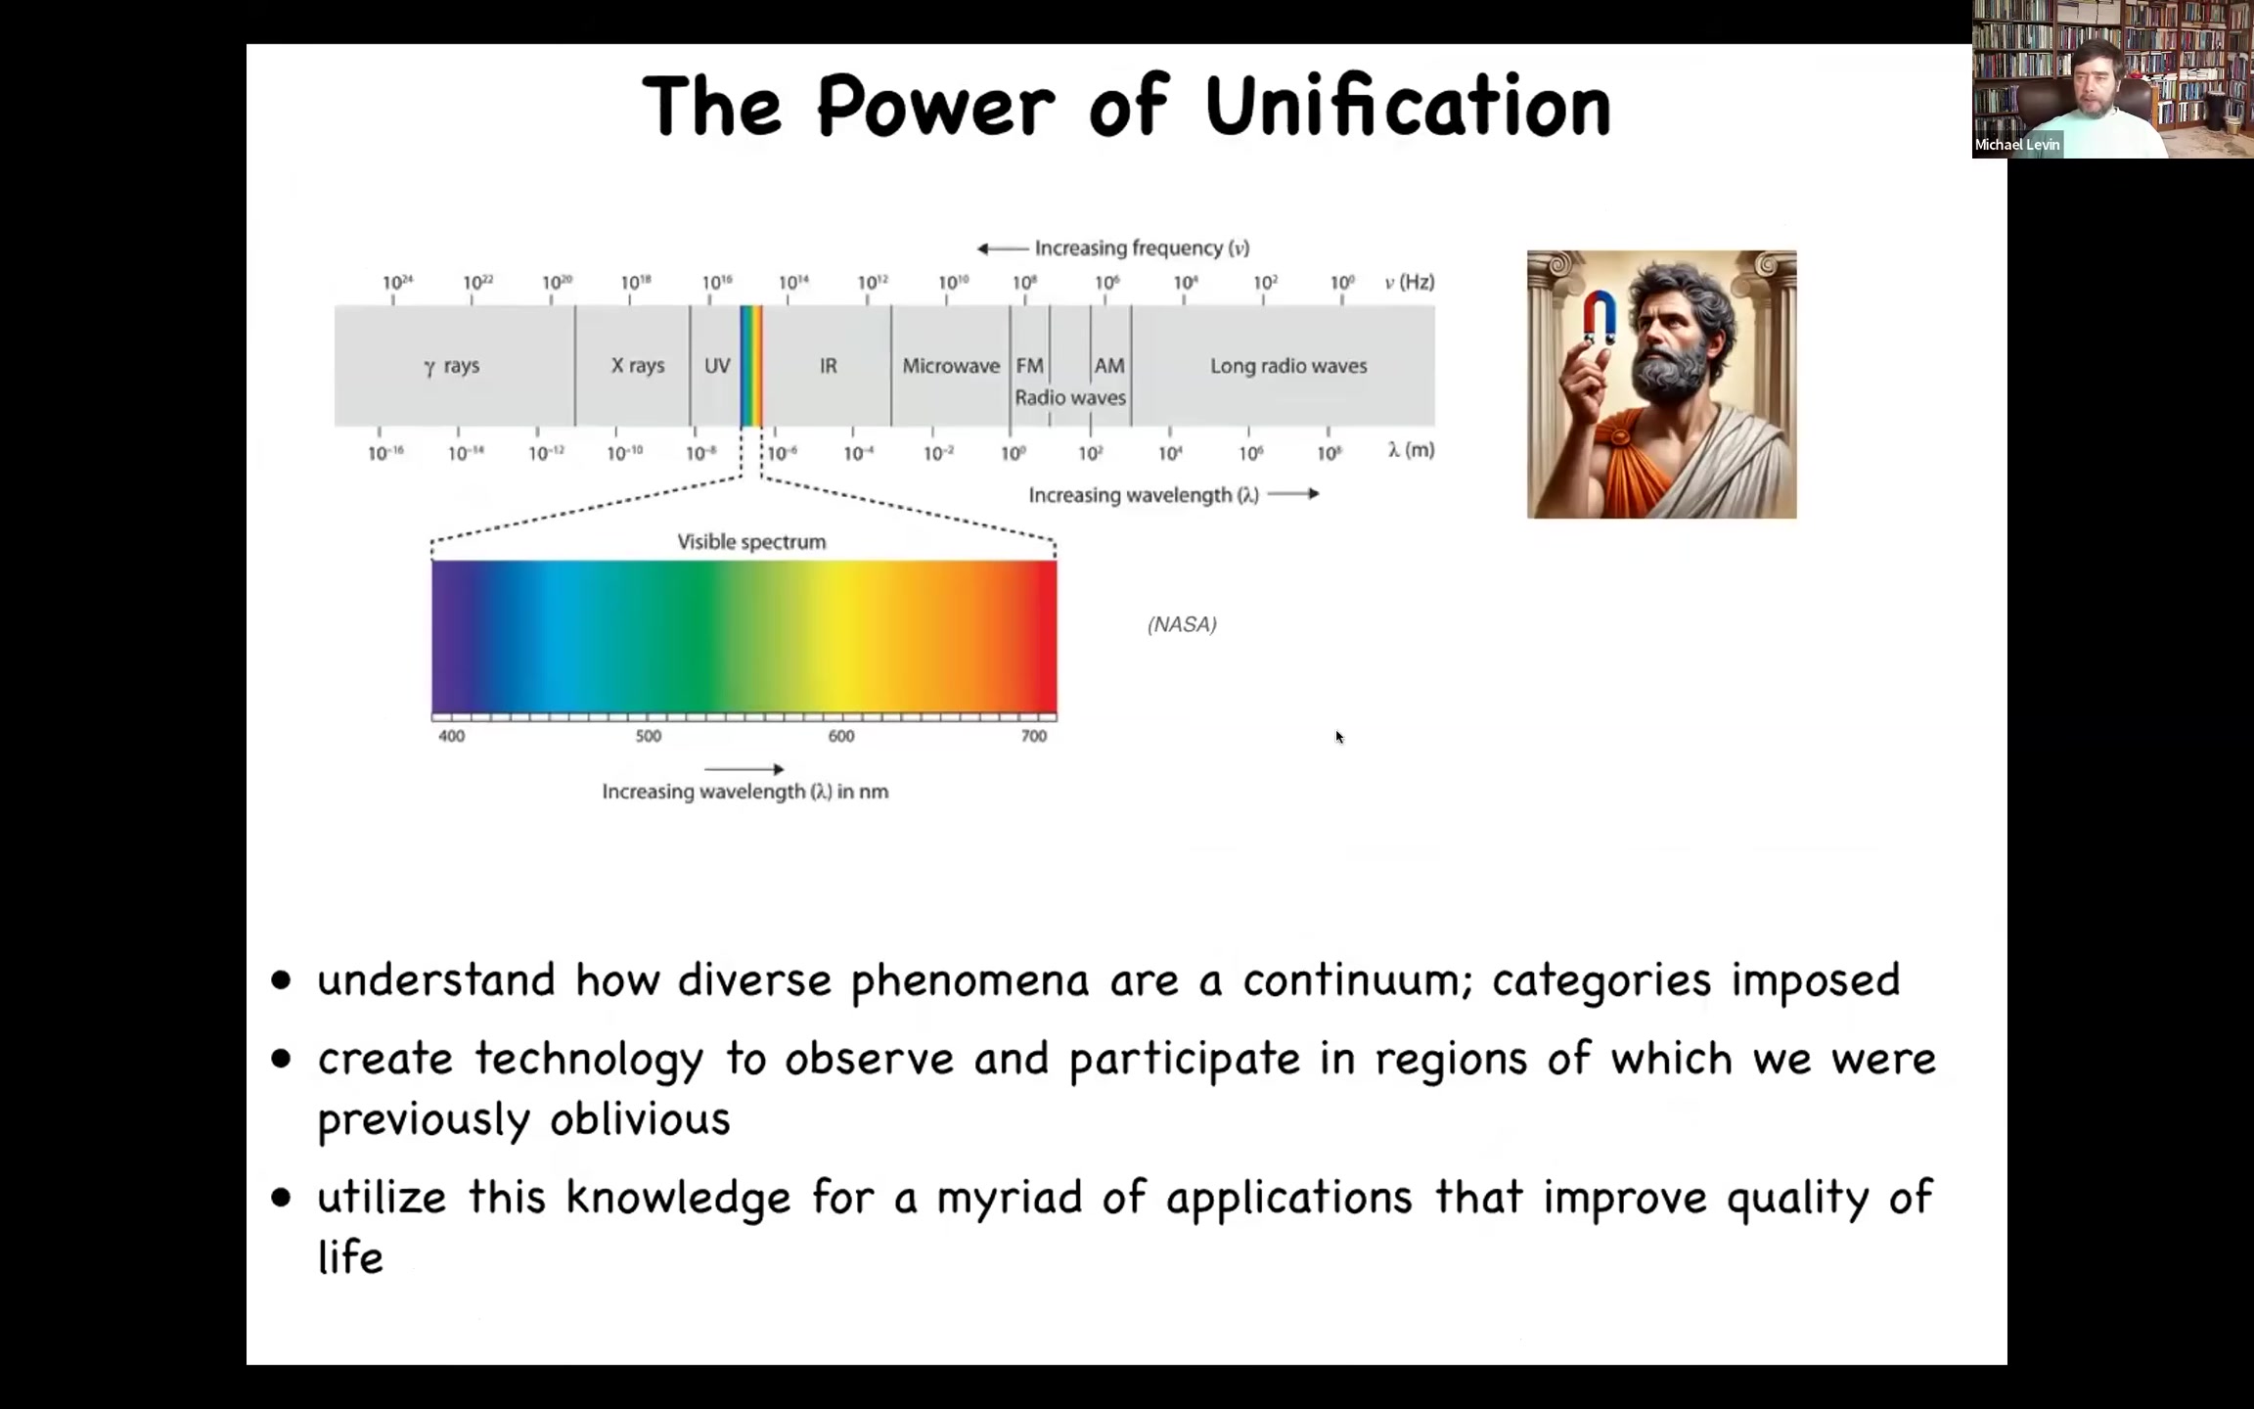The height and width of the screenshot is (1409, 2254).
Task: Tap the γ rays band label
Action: point(452,366)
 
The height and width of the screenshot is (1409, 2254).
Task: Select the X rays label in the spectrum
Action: point(638,365)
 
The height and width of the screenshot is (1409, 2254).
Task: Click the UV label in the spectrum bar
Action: point(717,365)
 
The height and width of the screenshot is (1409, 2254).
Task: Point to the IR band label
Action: point(829,365)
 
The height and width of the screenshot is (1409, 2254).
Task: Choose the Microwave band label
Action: point(951,365)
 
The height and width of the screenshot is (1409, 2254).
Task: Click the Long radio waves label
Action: point(1288,365)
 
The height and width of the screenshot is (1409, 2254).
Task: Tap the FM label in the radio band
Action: point(1030,365)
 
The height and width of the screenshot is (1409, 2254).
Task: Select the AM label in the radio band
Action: point(1109,365)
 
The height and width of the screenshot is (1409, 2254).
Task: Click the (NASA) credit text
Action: point(1182,624)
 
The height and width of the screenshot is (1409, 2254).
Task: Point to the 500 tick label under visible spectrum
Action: point(649,736)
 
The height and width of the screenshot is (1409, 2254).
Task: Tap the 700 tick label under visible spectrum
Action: point(1034,736)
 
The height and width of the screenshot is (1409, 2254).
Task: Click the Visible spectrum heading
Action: point(751,542)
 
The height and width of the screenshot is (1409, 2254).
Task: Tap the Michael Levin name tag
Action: point(2017,145)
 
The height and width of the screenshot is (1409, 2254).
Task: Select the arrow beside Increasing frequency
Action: point(1003,249)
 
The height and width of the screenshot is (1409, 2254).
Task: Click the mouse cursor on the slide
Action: point(1339,737)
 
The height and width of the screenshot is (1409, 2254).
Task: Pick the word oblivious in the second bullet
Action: point(640,1118)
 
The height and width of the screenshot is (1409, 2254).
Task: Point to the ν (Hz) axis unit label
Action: point(1410,282)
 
